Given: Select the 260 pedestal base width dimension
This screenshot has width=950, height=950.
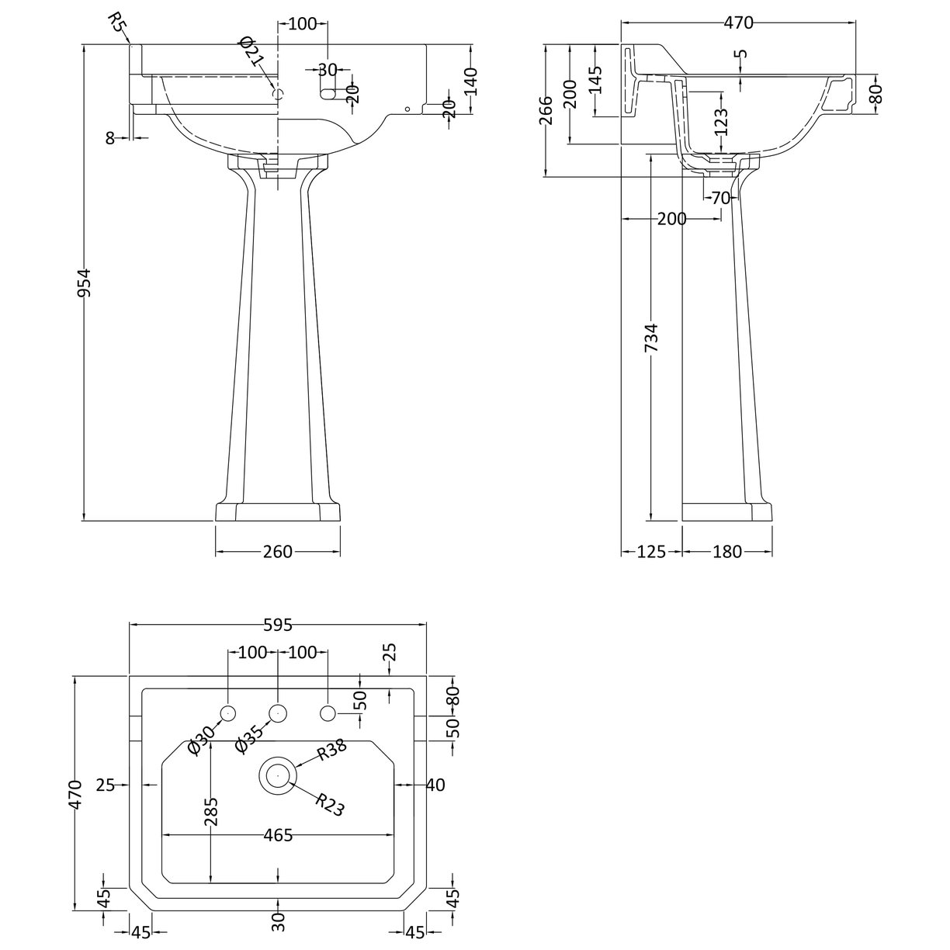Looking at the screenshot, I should (x=277, y=552).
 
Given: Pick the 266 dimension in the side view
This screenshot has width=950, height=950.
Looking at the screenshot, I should (x=546, y=110).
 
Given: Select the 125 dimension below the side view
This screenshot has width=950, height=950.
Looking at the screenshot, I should (x=651, y=552).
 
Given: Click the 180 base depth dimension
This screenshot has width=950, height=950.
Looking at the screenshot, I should (x=726, y=552).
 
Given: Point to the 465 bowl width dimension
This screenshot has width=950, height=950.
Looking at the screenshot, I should (x=277, y=835).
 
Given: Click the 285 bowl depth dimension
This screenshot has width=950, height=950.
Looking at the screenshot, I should (x=211, y=810).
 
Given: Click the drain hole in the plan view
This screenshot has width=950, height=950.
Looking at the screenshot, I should (x=277, y=775).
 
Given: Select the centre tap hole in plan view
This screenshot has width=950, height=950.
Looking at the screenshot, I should (x=277, y=712).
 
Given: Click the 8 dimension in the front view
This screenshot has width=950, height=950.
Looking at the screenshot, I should (x=109, y=137).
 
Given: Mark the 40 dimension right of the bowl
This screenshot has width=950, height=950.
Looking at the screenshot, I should (x=435, y=785).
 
